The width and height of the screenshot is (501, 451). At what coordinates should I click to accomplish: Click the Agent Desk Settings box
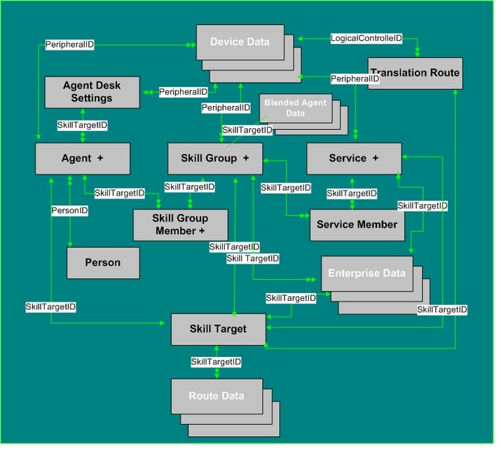(x=92, y=92)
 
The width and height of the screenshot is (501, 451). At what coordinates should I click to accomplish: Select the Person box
(x=103, y=262)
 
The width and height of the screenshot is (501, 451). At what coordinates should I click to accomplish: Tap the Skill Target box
(x=218, y=329)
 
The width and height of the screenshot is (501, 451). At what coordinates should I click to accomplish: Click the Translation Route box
(x=415, y=73)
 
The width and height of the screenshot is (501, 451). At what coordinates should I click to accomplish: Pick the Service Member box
(x=357, y=225)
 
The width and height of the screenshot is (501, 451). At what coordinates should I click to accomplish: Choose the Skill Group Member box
(x=180, y=225)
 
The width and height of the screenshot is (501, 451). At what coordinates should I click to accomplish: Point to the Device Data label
(x=240, y=41)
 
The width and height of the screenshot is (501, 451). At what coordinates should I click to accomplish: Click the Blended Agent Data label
(x=295, y=108)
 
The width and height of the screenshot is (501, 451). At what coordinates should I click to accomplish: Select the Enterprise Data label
(x=366, y=273)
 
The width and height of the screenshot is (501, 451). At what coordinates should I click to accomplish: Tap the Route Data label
(x=217, y=396)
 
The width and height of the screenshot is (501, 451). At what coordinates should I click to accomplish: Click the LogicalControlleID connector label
(x=366, y=39)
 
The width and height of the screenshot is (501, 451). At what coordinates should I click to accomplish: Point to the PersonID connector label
(x=69, y=210)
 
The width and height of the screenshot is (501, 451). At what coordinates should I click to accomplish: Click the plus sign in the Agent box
(x=100, y=158)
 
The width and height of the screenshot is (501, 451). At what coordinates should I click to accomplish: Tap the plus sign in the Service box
(x=376, y=158)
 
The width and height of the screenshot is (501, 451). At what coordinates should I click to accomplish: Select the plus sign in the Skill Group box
(x=246, y=158)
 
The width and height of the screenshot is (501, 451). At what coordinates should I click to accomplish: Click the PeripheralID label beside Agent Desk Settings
(x=183, y=92)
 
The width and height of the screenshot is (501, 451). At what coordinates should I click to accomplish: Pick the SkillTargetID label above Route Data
(x=216, y=362)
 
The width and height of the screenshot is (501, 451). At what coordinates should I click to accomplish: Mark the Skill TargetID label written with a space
(x=253, y=258)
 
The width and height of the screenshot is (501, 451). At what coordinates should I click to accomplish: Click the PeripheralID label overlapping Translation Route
(x=355, y=79)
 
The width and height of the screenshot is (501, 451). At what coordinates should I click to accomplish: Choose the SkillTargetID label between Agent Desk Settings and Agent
(x=82, y=125)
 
